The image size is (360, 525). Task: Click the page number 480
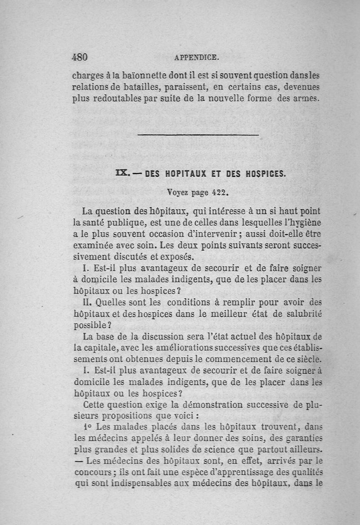pyautogui.click(x=79, y=57)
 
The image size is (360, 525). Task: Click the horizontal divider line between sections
pyautogui.click(x=198, y=135)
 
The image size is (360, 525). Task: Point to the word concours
pyautogui.click(x=91, y=473)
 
